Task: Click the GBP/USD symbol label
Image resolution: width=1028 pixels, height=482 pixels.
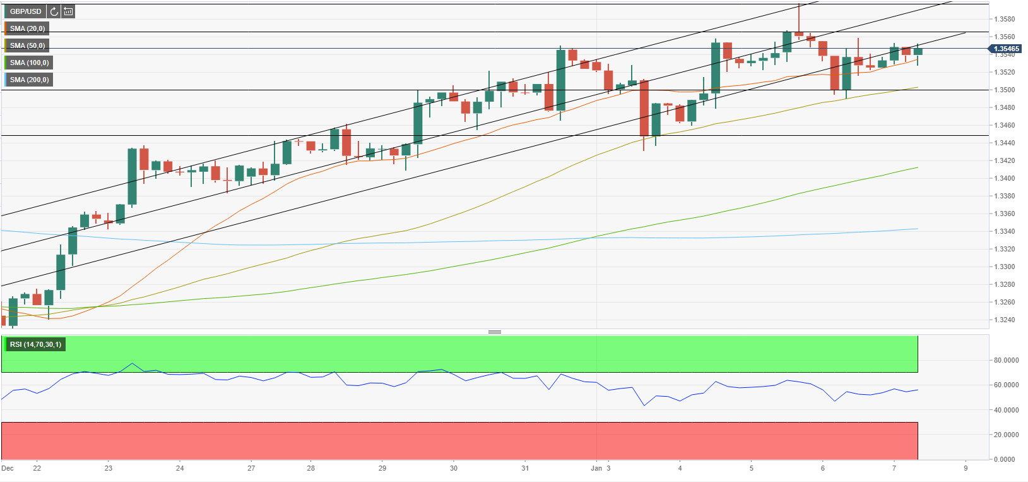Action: (25, 11)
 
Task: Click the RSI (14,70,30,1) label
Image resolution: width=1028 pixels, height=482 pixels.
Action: (35, 344)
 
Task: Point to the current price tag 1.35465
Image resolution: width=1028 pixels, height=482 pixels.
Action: (1006, 49)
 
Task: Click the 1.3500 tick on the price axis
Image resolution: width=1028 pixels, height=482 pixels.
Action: (1006, 90)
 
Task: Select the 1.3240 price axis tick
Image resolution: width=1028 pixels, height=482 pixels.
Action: (1006, 320)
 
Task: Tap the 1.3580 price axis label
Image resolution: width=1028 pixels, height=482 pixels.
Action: (1006, 19)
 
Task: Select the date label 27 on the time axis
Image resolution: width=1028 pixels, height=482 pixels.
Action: (251, 468)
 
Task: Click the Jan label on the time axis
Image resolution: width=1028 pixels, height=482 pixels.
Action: (596, 468)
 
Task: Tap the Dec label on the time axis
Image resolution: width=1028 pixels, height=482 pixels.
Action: (8, 468)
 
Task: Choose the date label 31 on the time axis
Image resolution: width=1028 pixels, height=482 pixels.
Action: (525, 468)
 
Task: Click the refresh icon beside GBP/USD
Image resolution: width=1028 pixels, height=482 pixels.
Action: (54, 11)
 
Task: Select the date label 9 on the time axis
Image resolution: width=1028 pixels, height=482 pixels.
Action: (966, 468)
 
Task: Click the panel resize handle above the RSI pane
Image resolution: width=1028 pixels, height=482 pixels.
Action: (495, 332)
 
